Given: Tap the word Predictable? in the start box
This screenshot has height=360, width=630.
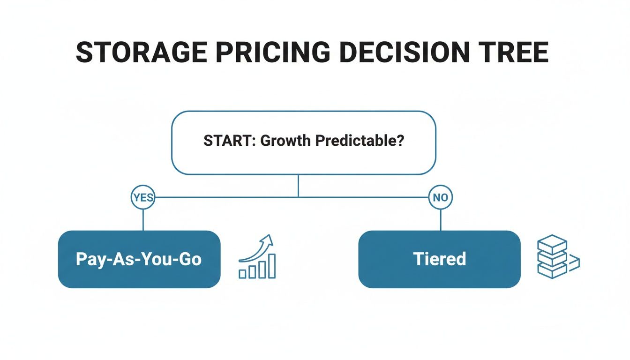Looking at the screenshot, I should [359, 141].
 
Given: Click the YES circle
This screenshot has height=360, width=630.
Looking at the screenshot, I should [142, 197].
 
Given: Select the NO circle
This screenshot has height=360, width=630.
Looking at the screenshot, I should [441, 197].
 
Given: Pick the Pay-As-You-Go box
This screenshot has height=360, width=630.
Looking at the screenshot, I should [139, 259].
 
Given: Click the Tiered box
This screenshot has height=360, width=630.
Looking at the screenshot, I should [439, 259].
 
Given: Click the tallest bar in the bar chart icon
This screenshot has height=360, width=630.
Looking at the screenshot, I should [271, 266].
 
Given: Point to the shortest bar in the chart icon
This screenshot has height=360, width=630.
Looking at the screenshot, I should [242, 274].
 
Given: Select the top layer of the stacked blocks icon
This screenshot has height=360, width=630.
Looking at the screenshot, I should [552, 244].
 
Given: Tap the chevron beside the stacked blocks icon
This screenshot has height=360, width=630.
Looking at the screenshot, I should [575, 263].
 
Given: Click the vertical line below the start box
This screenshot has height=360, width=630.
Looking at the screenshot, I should [298, 186].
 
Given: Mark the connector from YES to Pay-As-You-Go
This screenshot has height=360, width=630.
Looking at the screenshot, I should [142, 219].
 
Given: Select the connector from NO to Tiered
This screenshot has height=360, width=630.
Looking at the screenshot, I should [441, 219].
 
